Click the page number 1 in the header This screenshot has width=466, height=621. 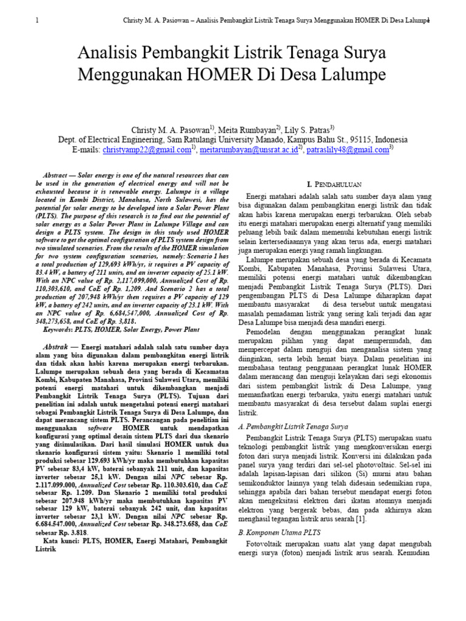(38, 21)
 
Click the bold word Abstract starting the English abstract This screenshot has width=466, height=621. (61, 173)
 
